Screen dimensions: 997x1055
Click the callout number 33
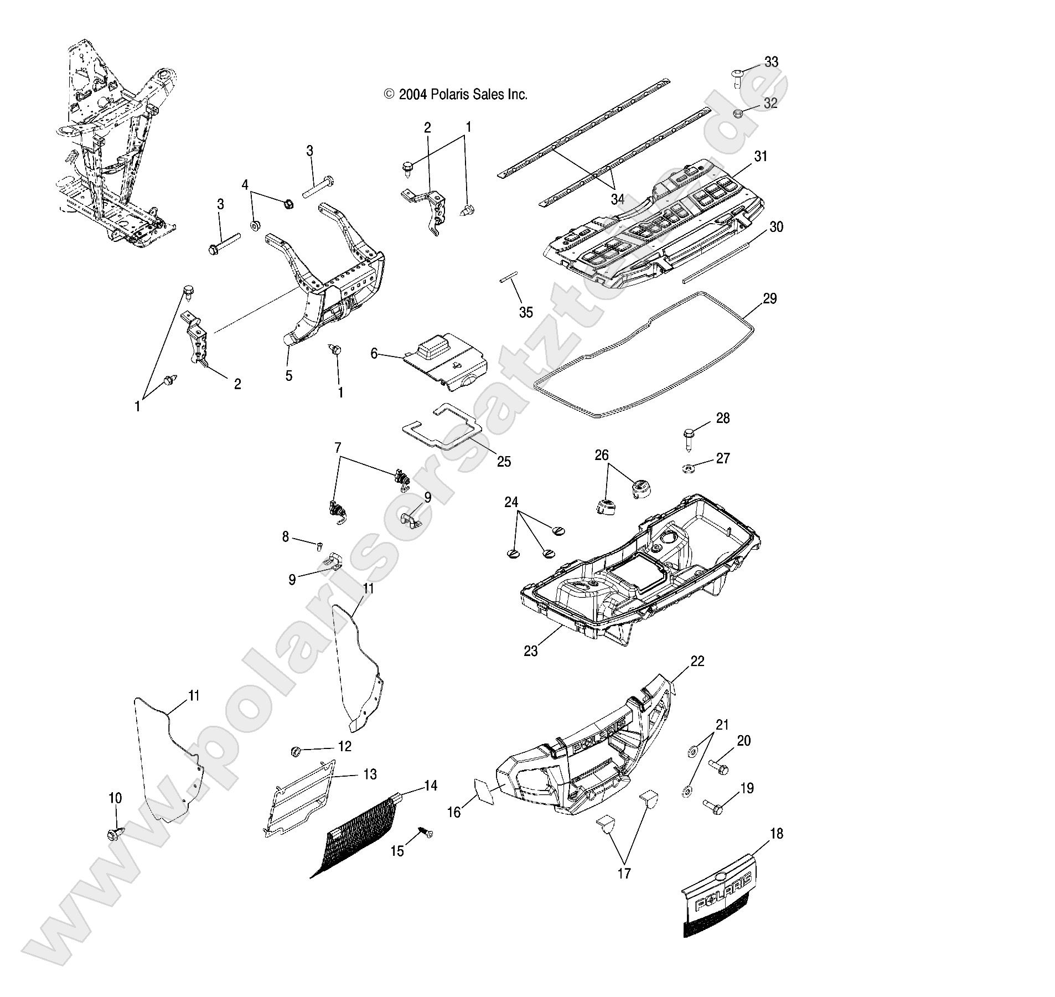tap(771, 62)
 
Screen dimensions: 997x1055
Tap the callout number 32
tap(770, 102)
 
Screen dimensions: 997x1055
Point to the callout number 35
tap(525, 312)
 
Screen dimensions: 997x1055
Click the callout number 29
tap(769, 299)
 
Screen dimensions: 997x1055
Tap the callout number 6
tap(374, 353)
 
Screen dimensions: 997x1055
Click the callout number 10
tap(115, 798)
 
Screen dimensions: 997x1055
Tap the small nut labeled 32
tap(738, 114)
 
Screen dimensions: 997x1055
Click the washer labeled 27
tap(688, 469)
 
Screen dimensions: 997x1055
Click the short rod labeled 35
tap(509, 276)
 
